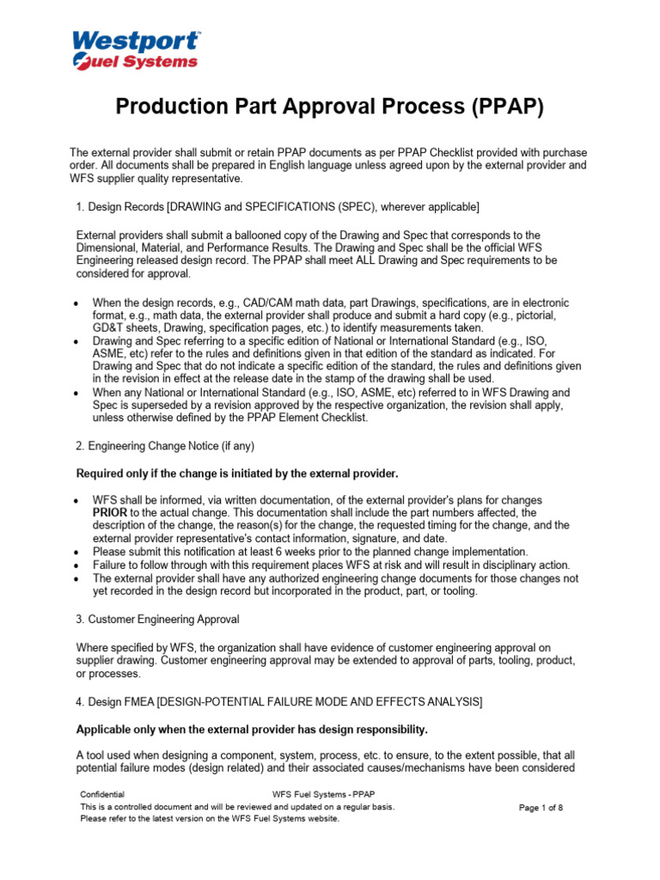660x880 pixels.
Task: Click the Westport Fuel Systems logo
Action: [135, 49]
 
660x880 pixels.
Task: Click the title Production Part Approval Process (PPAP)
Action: [330, 107]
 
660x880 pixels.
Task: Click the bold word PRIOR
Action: [110, 512]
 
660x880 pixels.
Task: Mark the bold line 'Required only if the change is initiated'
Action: [237, 474]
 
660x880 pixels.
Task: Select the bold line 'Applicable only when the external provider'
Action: [252, 730]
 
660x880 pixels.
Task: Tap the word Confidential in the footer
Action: [102, 795]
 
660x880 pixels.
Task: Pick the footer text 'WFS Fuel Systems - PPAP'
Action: [322, 795]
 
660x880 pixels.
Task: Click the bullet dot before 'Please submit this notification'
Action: [77, 552]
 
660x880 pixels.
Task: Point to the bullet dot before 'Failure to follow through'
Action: [77, 565]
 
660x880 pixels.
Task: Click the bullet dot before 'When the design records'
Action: [77, 304]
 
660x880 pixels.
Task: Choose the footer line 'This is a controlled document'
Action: [237, 808]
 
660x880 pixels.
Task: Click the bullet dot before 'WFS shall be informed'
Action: [77, 500]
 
